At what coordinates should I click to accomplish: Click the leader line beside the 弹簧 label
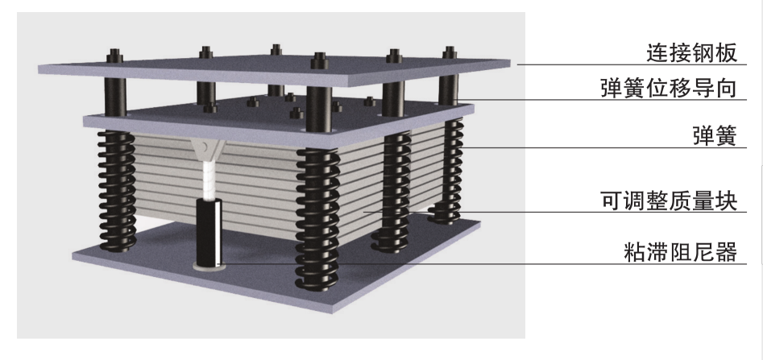pos(564,148)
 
